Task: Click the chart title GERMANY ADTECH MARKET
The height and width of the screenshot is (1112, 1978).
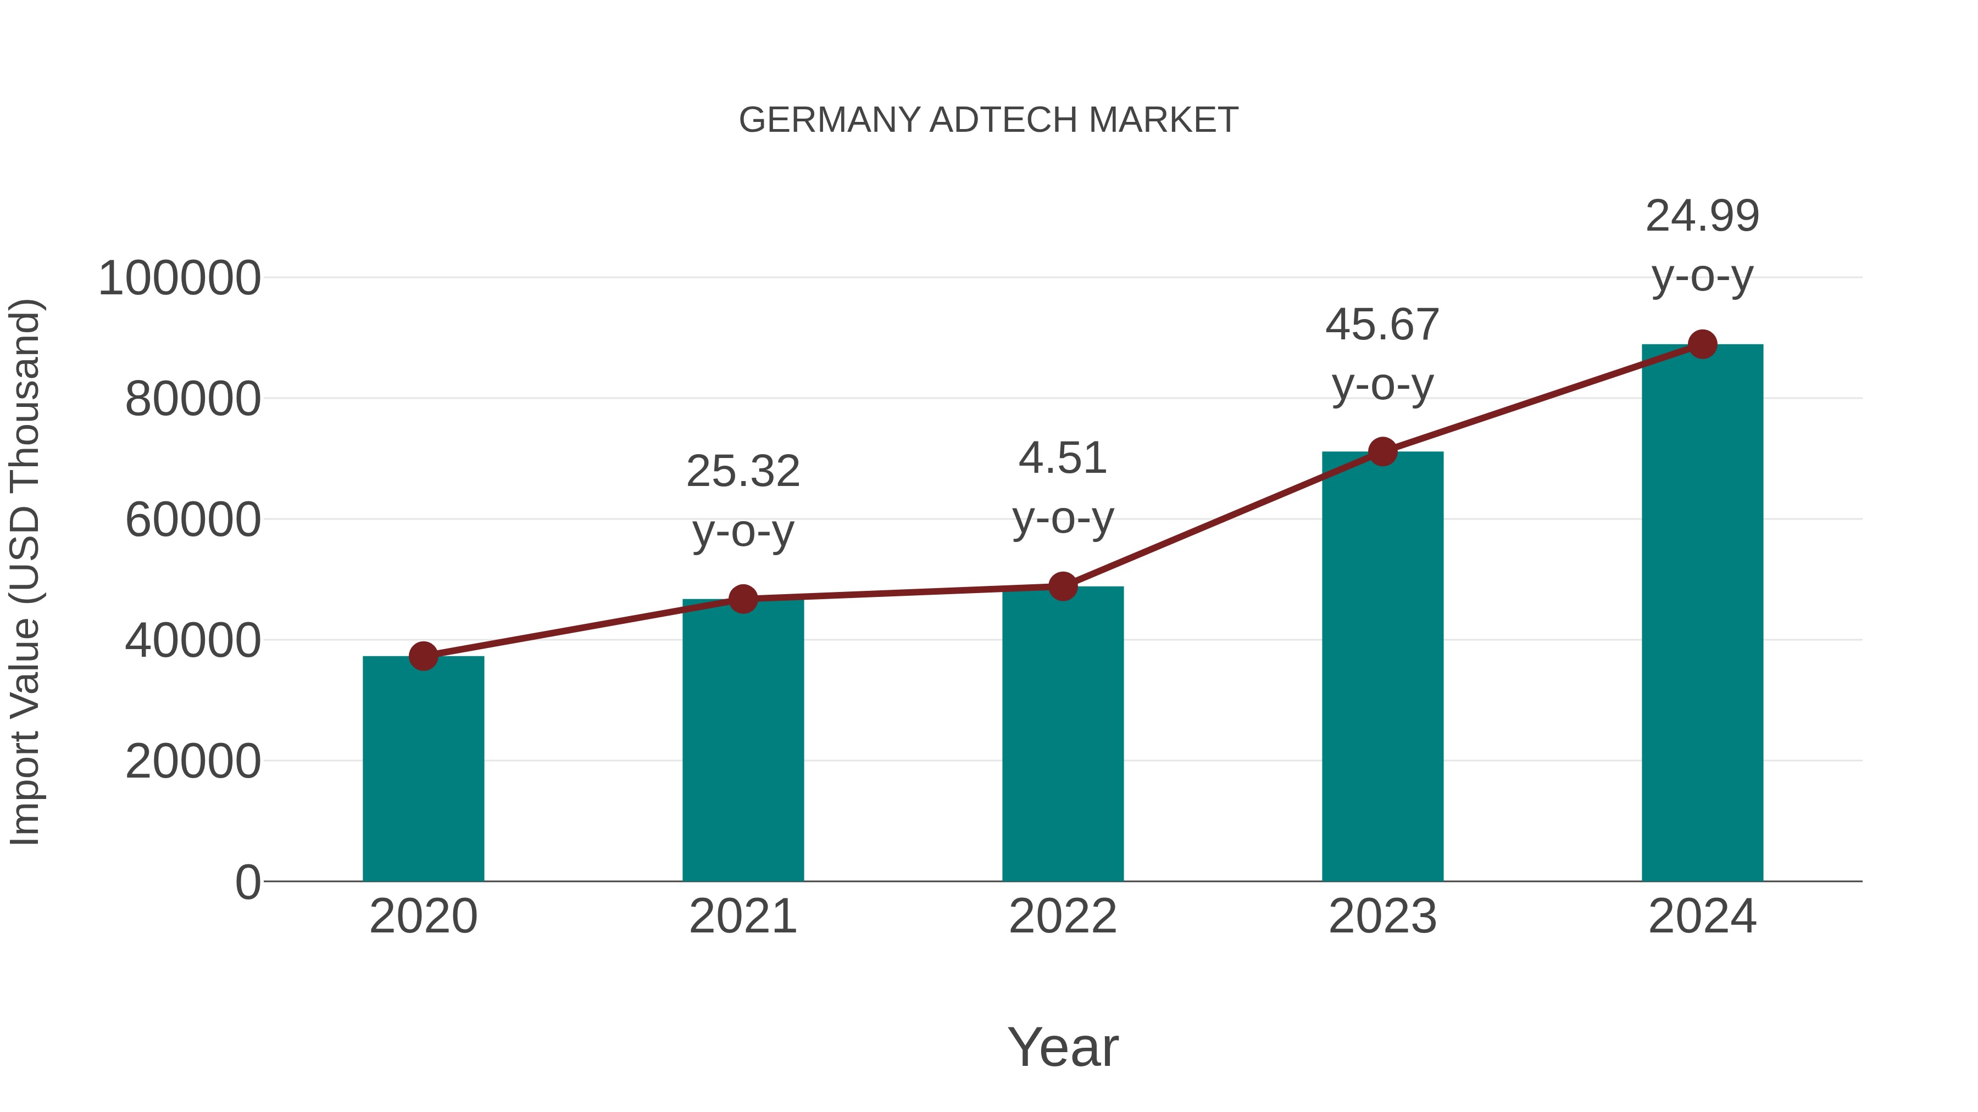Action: pos(988,120)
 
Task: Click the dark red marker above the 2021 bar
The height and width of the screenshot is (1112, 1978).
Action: pos(742,599)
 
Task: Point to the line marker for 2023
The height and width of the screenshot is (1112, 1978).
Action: pos(1382,452)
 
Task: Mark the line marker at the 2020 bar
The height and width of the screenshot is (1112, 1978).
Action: pos(423,656)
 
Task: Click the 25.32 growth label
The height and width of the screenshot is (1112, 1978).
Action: pos(742,471)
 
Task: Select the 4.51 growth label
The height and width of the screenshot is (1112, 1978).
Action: pos(1063,459)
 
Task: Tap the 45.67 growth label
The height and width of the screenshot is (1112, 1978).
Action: pos(1382,325)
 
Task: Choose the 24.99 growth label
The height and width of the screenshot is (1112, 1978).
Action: pos(1702,216)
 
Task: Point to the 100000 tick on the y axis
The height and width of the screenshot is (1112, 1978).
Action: pos(180,278)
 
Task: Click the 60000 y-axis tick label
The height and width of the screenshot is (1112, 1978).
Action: pos(193,521)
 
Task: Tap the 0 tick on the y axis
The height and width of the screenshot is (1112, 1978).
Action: pos(248,882)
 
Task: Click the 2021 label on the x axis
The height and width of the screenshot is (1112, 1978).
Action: pos(742,917)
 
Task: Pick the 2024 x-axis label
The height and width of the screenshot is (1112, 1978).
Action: pos(1702,917)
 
